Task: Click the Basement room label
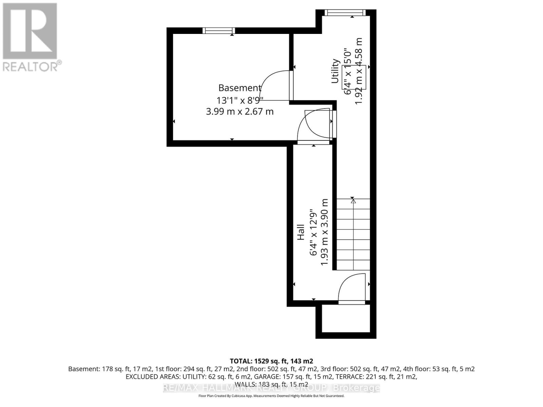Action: click(x=240, y=88)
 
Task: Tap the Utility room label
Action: click(x=335, y=71)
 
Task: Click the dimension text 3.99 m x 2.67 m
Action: click(x=240, y=111)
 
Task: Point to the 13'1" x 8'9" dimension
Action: click(x=240, y=100)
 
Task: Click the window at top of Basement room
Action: click(x=219, y=31)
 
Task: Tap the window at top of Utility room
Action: click(x=345, y=13)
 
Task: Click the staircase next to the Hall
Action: click(x=353, y=234)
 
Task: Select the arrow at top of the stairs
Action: click(x=353, y=201)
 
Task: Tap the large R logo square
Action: click(x=30, y=31)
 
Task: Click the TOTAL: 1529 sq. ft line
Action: click(x=271, y=361)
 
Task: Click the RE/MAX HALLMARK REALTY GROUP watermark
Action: click(x=271, y=388)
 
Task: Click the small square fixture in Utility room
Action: click(x=354, y=77)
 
